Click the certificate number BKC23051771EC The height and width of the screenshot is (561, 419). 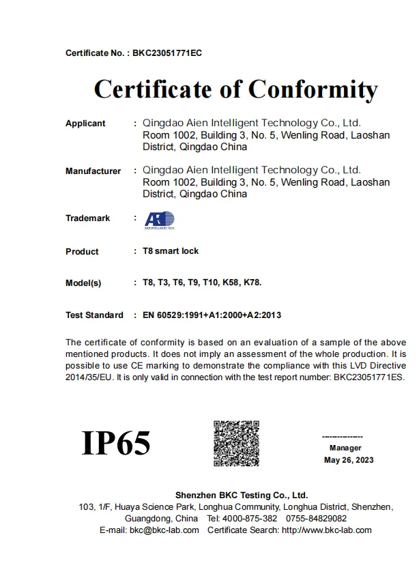[167, 53]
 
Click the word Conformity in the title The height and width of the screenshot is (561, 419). [313, 89]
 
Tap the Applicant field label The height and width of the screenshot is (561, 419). [85, 124]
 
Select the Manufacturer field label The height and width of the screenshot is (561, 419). [93, 171]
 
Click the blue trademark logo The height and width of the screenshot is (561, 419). [154, 220]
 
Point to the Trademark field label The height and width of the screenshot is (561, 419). [87, 218]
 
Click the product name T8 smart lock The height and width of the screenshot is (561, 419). [171, 251]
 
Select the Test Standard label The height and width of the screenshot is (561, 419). [94, 315]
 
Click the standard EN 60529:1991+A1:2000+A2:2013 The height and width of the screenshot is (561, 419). [212, 315]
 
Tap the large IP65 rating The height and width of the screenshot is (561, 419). [116, 443]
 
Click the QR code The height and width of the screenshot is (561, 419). [237, 444]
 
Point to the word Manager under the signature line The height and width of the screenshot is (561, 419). [345, 448]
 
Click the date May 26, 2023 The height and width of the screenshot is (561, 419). [348, 460]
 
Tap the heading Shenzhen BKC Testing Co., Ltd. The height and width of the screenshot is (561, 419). [242, 495]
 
